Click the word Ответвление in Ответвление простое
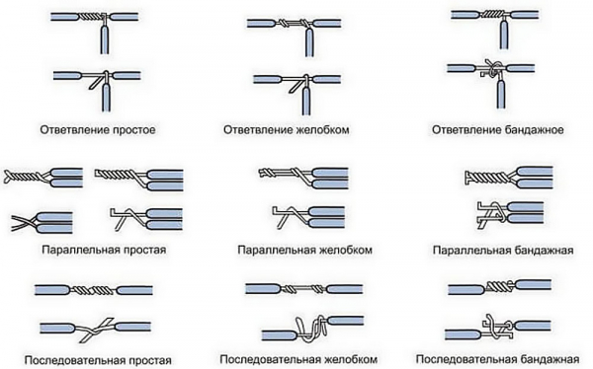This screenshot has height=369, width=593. coord(75,130)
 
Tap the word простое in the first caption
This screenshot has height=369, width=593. coord(134,130)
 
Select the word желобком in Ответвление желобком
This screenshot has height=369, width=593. coord(321,130)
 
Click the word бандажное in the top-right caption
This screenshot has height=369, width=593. coord(534,130)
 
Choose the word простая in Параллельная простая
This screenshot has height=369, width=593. coord(143,250)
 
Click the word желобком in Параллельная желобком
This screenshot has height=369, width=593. coord(344,250)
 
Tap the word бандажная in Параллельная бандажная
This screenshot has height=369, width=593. coord(545,250)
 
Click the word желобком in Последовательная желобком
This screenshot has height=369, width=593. coord(350,358)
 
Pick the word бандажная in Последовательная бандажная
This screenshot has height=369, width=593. coord(550,358)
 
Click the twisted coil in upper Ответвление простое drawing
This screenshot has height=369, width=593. coord(91,17)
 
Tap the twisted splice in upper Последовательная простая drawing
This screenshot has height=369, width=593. coord(93,290)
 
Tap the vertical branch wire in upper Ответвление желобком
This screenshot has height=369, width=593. coord(309,41)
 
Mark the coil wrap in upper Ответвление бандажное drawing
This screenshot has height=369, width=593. coord(493,15)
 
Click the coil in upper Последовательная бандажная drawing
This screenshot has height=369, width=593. coord(498,287)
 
